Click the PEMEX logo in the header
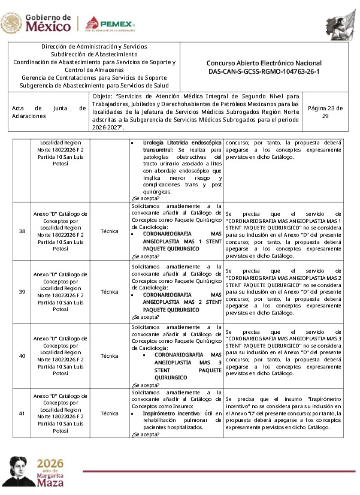click(109, 24)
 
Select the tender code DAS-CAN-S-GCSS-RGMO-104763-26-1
click(264, 71)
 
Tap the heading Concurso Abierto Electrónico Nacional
click(264, 63)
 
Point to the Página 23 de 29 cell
click(325, 112)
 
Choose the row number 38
click(22, 231)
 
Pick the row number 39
click(22, 292)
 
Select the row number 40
click(22, 355)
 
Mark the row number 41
click(22, 413)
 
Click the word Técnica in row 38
click(110, 231)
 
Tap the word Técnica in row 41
click(110, 413)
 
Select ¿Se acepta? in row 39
click(145, 317)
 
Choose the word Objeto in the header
click(103, 96)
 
